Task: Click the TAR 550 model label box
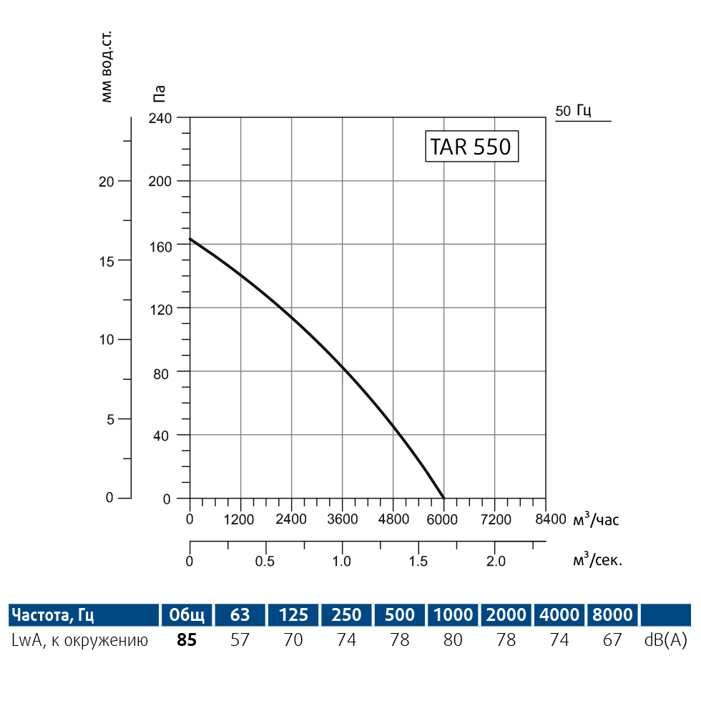tap(471, 147)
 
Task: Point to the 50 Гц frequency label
tap(573, 110)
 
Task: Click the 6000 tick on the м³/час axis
tap(443, 519)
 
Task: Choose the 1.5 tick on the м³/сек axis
tap(418, 561)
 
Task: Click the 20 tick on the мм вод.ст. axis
tap(106, 181)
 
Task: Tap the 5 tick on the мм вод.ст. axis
tap(110, 419)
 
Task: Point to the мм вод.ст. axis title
tap(107, 67)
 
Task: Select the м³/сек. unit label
tap(597, 560)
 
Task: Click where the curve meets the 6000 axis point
tap(443, 498)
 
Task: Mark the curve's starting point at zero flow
tap(190, 239)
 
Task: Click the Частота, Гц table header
tap(54, 614)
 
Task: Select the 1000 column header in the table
tap(453, 614)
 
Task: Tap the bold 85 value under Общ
tap(186, 640)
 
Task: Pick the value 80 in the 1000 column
tap(453, 640)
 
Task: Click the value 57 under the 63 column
tap(240, 640)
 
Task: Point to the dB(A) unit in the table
tap(665, 640)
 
